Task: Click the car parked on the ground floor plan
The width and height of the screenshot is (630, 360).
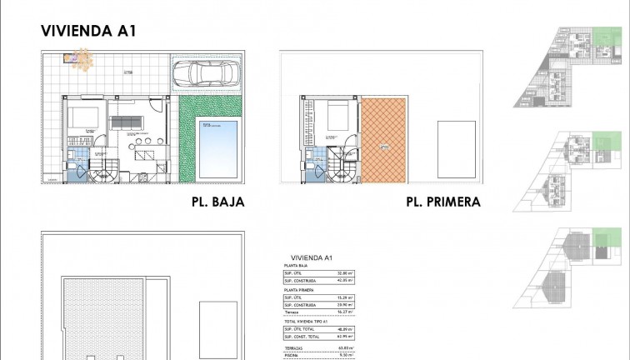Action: (204, 74)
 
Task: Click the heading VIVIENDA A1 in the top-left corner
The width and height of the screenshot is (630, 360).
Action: (88, 31)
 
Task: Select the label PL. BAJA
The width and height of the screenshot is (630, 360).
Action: (217, 202)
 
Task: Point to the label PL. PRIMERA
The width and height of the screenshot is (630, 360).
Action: (442, 202)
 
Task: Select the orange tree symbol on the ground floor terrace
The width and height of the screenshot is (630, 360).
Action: (82, 57)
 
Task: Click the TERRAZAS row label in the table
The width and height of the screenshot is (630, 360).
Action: (293, 348)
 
